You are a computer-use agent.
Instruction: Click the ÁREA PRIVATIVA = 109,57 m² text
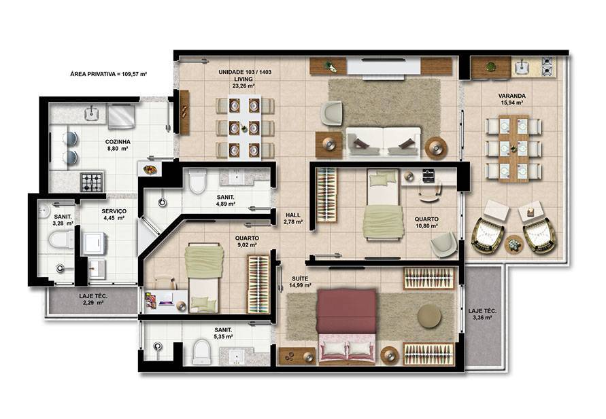(x=109, y=74)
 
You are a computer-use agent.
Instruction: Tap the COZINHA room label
(x=118, y=142)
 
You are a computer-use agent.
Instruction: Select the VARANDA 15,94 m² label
(x=511, y=99)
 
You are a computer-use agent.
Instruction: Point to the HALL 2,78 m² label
(x=293, y=219)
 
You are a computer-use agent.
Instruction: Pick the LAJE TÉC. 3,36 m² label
(x=482, y=314)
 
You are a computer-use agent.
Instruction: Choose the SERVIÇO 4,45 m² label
(x=114, y=215)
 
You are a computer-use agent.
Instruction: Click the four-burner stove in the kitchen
(x=92, y=182)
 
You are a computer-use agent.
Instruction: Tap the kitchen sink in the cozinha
(x=92, y=113)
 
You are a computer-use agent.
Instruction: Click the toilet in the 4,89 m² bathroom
(x=197, y=182)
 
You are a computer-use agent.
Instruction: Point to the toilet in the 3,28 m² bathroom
(x=61, y=240)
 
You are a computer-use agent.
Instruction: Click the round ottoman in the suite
(x=429, y=316)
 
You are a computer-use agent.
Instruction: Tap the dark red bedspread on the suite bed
(x=346, y=311)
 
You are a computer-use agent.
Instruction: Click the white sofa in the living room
(x=383, y=142)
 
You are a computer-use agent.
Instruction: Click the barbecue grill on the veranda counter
(x=548, y=66)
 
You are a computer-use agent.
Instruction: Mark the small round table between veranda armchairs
(x=514, y=244)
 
